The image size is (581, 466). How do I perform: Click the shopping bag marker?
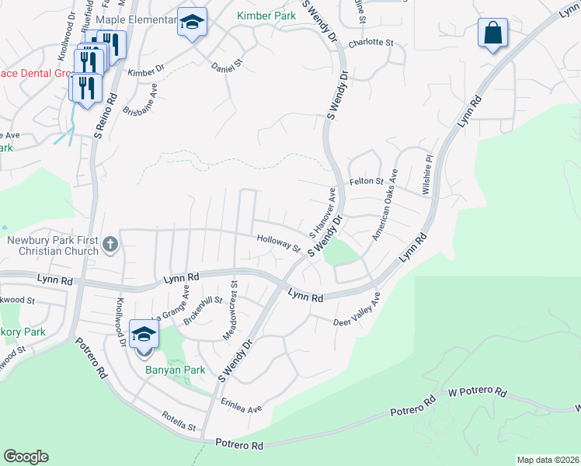(491, 33)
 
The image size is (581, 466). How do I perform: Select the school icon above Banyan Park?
(144, 335)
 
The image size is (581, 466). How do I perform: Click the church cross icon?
(110, 245)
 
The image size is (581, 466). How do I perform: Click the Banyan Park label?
(176, 370)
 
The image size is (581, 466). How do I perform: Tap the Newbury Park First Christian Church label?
(53, 245)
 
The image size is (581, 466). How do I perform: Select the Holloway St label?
(278, 244)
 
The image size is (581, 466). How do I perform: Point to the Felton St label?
(369, 181)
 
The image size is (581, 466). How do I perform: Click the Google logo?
(26, 457)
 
